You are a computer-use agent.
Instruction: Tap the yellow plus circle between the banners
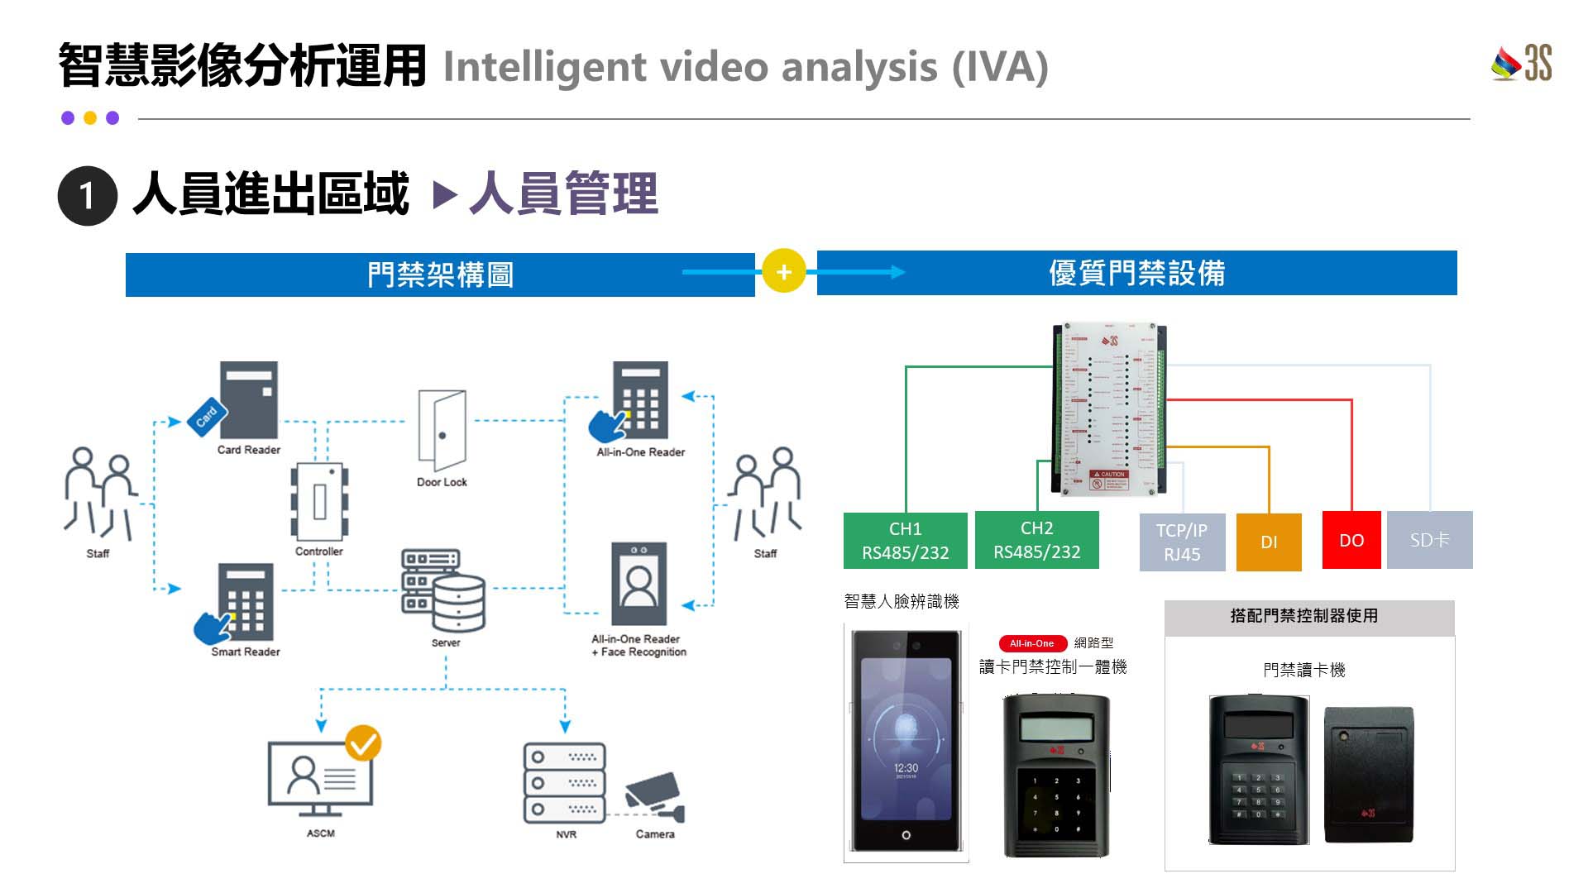(783, 271)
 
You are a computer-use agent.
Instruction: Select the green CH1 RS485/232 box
(905, 541)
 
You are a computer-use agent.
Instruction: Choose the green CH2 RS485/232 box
(1036, 540)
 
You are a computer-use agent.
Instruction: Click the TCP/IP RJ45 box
(1181, 542)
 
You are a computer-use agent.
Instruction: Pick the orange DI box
(1269, 542)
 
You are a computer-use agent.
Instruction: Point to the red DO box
(1351, 541)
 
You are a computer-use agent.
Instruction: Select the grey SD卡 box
(1429, 541)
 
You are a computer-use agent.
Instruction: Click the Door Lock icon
(442, 428)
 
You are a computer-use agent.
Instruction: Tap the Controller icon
(319, 501)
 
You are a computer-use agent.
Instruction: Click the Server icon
(444, 590)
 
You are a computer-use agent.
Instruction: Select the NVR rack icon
(564, 782)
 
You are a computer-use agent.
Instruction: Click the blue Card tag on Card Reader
(206, 415)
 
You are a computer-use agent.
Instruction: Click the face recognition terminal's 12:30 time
(906, 768)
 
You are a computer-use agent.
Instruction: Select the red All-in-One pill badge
(1031, 643)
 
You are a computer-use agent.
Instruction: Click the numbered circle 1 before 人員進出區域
(87, 196)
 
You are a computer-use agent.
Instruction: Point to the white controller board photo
(1110, 409)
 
